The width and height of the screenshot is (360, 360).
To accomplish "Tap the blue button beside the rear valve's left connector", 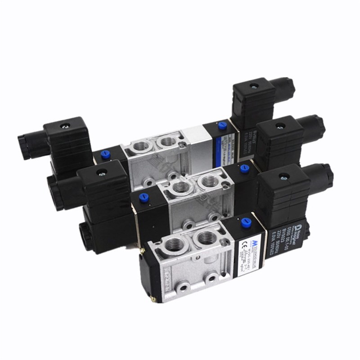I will tap(105, 154).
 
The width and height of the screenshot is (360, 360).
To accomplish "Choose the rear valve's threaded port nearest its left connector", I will tap(139, 147).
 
